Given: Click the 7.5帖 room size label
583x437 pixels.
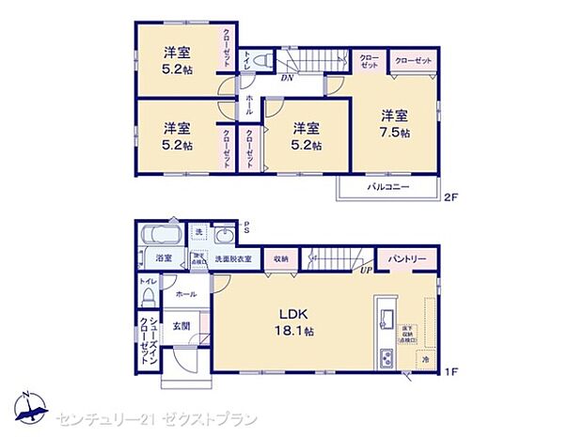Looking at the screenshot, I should pos(395,133).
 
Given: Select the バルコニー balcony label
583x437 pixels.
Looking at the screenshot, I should pos(388,187).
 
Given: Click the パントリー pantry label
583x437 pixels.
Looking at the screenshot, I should pos(407,258).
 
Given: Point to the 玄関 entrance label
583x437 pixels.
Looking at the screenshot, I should pos(181,326).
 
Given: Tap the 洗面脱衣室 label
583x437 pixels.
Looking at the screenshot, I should pos(234,258).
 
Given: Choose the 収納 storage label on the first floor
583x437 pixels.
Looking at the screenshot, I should pos(281,258).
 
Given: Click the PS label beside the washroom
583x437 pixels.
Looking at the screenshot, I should pos(246,225).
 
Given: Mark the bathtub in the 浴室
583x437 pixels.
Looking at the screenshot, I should pos(162,234).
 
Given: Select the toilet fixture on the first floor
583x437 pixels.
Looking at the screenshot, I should pos(148,294).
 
